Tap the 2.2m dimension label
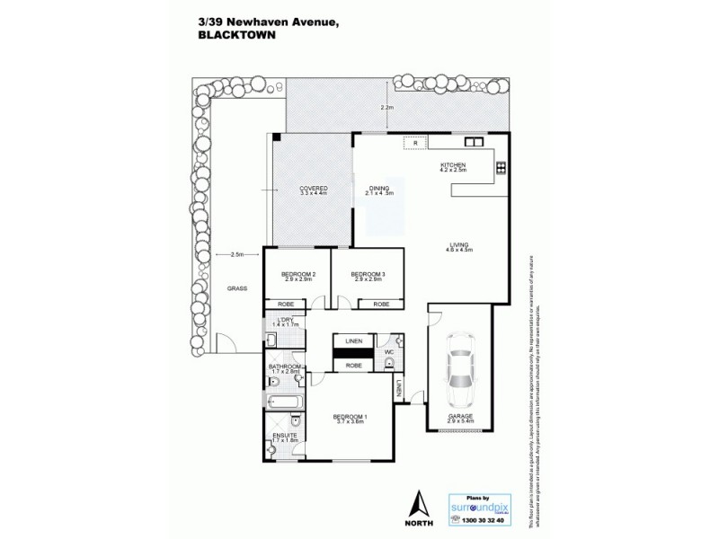(387, 108)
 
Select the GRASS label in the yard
(236, 288)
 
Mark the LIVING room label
(460, 247)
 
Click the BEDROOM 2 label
(295, 275)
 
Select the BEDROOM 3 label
(367, 275)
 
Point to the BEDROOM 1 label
(350, 417)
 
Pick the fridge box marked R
(415, 143)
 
